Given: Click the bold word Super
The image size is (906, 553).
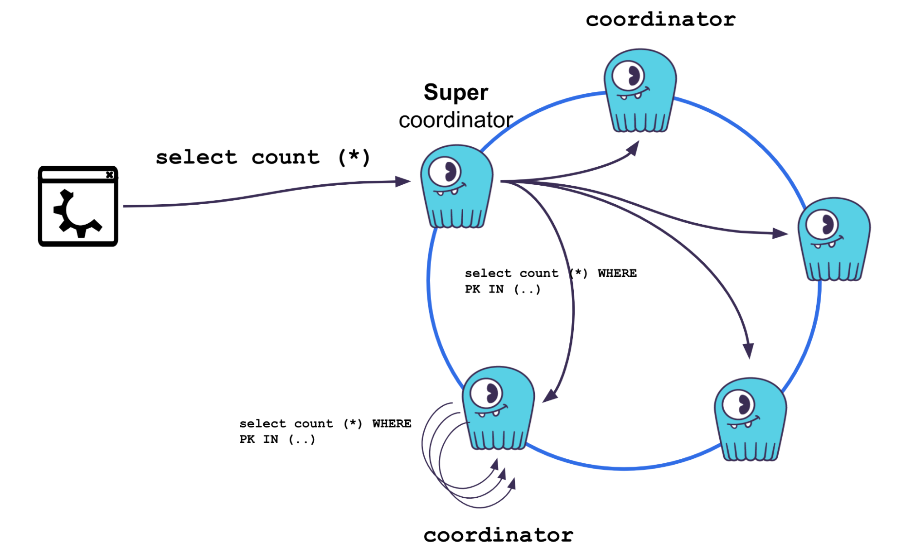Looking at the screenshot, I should click(456, 92).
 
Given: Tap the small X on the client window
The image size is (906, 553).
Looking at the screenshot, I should click(109, 175).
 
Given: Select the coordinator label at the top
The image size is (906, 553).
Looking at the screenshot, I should click(660, 19).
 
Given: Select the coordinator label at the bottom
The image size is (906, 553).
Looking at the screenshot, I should click(498, 535).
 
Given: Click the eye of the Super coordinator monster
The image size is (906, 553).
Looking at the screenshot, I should click(446, 172).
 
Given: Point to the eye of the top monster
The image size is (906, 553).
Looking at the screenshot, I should click(630, 76).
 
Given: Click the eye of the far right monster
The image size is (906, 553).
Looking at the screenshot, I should click(824, 224).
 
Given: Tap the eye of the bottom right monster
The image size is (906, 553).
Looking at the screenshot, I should click(740, 405).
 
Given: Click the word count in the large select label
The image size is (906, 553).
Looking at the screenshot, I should click(286, 158).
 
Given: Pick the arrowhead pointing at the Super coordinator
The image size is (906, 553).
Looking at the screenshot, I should click(403, 182).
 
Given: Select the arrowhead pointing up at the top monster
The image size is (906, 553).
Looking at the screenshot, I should click(634, 148).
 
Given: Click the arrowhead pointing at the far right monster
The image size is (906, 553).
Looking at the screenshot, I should click(780, 233).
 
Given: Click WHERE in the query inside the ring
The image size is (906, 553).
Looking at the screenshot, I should click(617, 273).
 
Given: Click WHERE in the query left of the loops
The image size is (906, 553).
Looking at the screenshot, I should click(392, 423).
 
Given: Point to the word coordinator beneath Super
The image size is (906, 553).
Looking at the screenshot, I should click(455, 120).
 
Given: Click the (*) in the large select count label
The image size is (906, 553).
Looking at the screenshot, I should click(354, 158).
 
